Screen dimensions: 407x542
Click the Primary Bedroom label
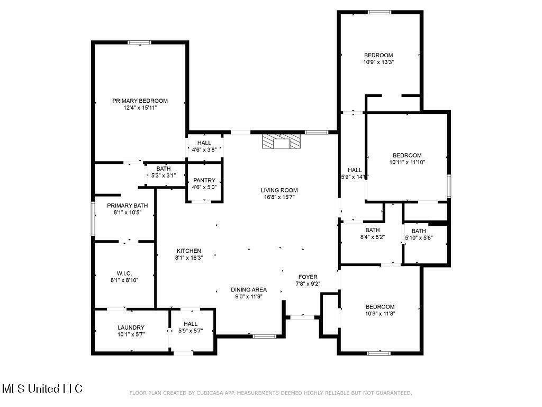pos(140,101)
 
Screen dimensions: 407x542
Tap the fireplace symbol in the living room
pos(281,141)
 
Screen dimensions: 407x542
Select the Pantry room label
pos(204,180)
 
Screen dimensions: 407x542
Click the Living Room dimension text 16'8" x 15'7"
pos(279,197)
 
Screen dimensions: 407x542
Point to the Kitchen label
pos(188,251)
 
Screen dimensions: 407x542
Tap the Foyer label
pos(308,277)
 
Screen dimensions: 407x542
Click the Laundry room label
pos(131,328)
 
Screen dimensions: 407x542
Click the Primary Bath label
pos(127,206)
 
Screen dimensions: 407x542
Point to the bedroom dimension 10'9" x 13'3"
pos(378,62)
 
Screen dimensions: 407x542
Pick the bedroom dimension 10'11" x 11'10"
pos(407,162)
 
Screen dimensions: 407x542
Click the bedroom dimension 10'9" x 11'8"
pos(380,314)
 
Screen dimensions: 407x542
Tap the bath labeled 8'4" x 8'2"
pos(372,234)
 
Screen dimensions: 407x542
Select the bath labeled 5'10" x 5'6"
pos(419,234)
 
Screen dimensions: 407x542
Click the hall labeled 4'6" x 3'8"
pos(204,146)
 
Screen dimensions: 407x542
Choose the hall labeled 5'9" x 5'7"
pos(191,328)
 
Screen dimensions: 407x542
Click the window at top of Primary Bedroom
pos(140,42)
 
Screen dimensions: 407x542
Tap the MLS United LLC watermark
pos(42,389)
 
